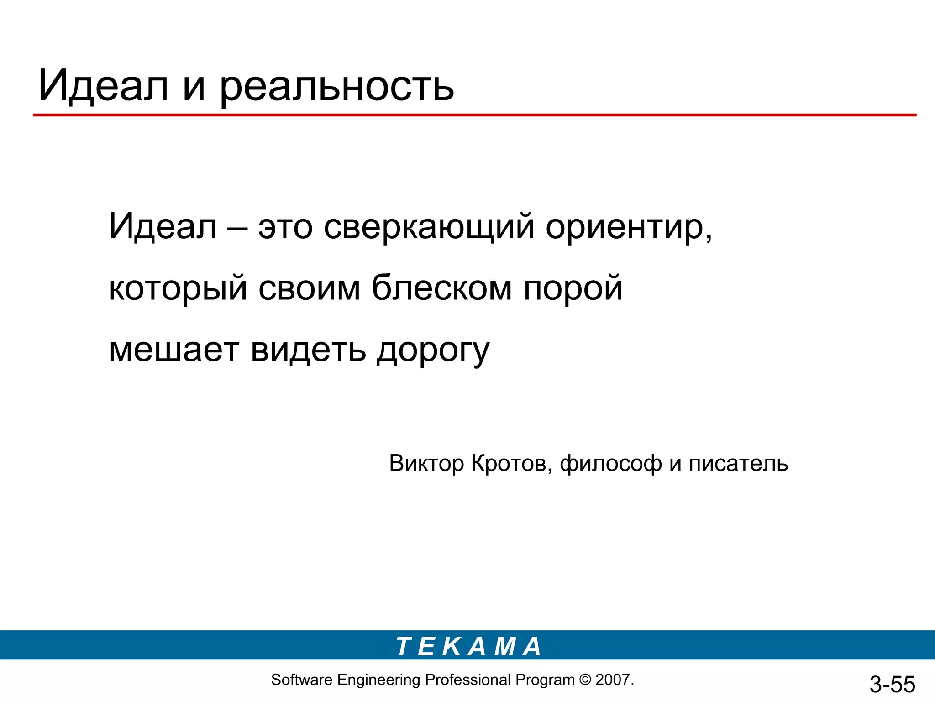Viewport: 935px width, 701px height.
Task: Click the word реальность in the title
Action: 337,87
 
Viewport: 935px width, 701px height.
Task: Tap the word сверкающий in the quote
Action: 429,227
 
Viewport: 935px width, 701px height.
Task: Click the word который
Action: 178,288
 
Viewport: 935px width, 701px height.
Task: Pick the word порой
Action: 573,288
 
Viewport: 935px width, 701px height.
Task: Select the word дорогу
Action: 433,350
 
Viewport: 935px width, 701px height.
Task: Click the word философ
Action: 610,464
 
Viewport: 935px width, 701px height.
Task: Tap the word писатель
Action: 738,463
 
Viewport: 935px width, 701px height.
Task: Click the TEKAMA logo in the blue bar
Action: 468,647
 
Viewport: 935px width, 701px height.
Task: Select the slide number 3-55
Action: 892,684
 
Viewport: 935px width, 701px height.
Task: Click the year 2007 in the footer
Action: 613,680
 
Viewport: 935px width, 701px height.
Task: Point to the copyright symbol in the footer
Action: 585,680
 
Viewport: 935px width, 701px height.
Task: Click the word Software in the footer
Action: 301,680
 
